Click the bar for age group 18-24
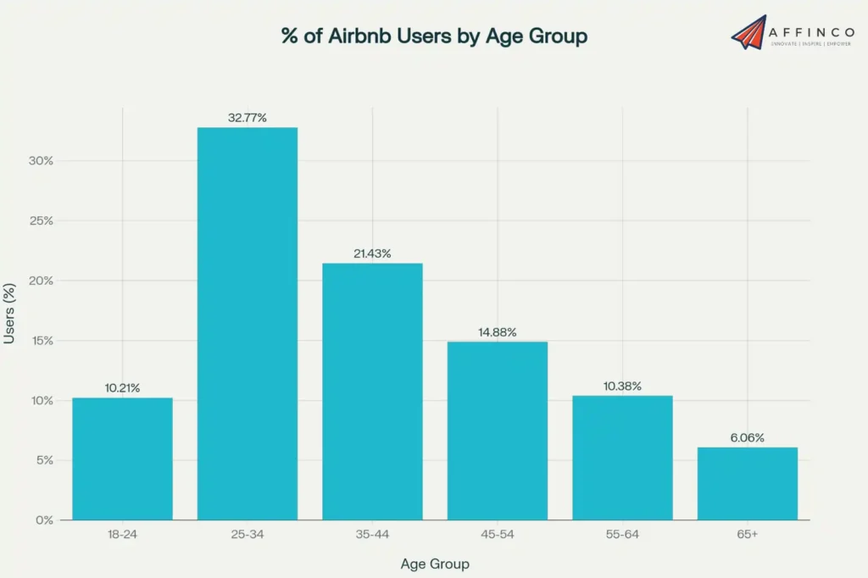click(122, 459)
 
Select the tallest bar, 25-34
click(248, 323)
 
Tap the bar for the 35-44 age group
click(372, 391)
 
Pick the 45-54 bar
click(498, 431)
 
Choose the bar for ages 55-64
click(622, 458)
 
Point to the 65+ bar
click(748, 483)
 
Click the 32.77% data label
click(248, 118)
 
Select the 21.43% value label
click(372, 253)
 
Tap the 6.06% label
click(748, 438)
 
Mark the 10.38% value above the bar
click(622, 386)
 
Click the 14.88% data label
click(498, 332)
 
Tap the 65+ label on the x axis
click(748, 536)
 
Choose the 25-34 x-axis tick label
click(248, 536)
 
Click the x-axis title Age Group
click(434, 564)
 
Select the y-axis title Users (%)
click(10, 314)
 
